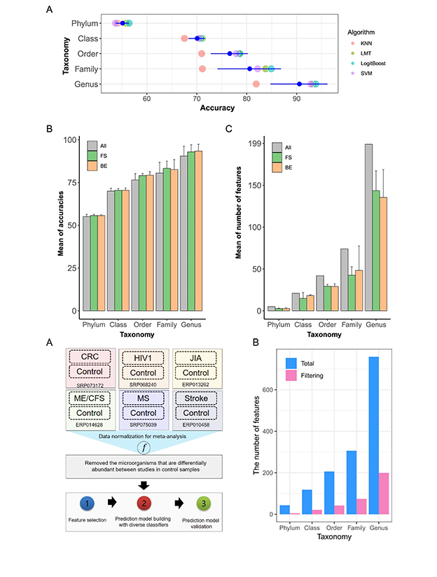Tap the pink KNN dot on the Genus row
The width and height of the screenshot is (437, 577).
click(256, 85)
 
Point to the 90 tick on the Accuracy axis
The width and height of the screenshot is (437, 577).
click(296, 97)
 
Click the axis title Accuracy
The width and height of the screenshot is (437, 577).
click(217, 107)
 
